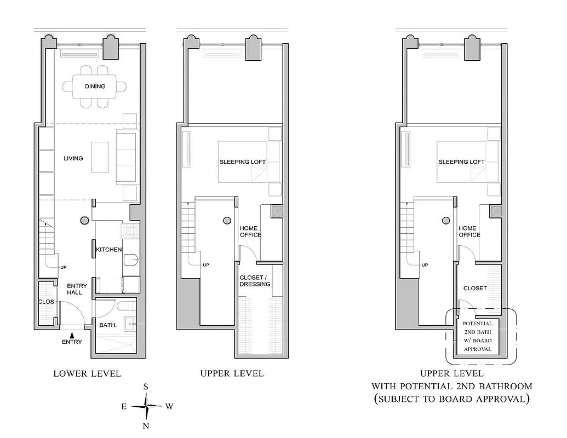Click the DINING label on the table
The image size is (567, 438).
tap(95, 87)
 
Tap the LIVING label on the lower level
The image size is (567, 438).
tap(73, 158)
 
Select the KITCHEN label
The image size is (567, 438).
tap(109, 250)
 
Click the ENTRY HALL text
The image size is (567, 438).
tap(75, 289)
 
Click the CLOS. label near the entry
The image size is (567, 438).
tap(45, 302)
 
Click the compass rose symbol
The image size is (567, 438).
tap(146, 406)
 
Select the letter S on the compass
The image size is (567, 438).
tap(146, 387)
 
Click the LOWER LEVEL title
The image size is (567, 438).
tap(87, 374)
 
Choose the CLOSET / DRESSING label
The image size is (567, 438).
tap(255, 280)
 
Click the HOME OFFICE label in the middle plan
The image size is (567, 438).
tap(250, 232)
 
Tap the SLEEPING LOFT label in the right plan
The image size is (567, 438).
tap(461, 162)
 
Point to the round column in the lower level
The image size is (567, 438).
tap(84, 221)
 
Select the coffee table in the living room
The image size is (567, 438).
tap(99, 158)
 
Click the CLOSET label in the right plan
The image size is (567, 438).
tap(475, 288)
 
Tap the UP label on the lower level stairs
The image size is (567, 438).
tap(64, 268)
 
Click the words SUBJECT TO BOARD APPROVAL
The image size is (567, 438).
tap(451, 399)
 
